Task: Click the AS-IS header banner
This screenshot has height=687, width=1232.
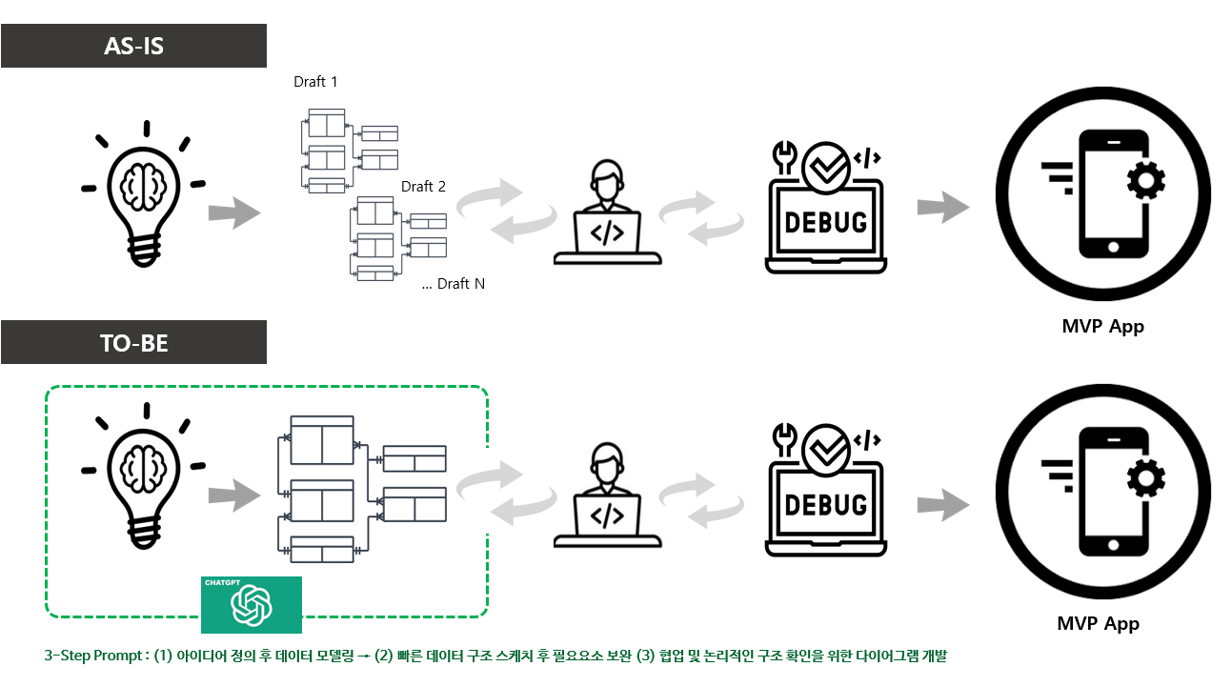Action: [x=133, y=46]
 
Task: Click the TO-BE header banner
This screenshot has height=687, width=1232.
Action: [x=133, y=343]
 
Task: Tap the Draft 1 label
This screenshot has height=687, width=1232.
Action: [x=315, y=82]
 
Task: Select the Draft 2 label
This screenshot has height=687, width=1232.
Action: [x=423, y=187]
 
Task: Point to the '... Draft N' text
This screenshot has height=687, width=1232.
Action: [x=454, y=284]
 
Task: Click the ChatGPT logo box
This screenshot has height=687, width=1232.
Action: [x=252, y=605]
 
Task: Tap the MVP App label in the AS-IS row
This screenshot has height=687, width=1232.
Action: [x=1102, y=327]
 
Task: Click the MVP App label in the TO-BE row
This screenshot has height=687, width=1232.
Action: [x=1098, y=624]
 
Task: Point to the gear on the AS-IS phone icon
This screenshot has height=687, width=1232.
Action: [x=1144, y=180]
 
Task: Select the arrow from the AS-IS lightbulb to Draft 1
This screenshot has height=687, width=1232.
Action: [x=234, y=212]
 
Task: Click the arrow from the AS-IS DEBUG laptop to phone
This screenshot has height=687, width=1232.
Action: [x=942, y=208]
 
